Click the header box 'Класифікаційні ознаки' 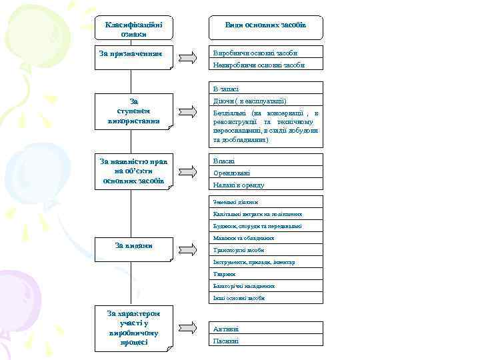(x=134, y=28)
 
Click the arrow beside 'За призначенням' (x=189, y=57)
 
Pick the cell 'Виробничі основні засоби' (x=265, y=53)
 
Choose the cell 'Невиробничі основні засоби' (x=265, y=65)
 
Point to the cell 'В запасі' (x=265, y=89)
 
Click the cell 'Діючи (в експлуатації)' (x=265, y=101)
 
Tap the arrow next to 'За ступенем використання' (x=189, y=112)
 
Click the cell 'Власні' (x=265, y=161)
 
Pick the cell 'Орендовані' (x=265, y=173)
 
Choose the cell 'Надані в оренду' (x=265, y=185)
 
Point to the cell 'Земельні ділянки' (x=265, y=201)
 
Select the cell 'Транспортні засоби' (x=265, y=250)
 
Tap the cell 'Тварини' (x=265, y=274)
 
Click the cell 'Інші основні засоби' (x=265, y=298)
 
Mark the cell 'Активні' (x=265, y=329)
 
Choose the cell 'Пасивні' (x=265, y=341)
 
